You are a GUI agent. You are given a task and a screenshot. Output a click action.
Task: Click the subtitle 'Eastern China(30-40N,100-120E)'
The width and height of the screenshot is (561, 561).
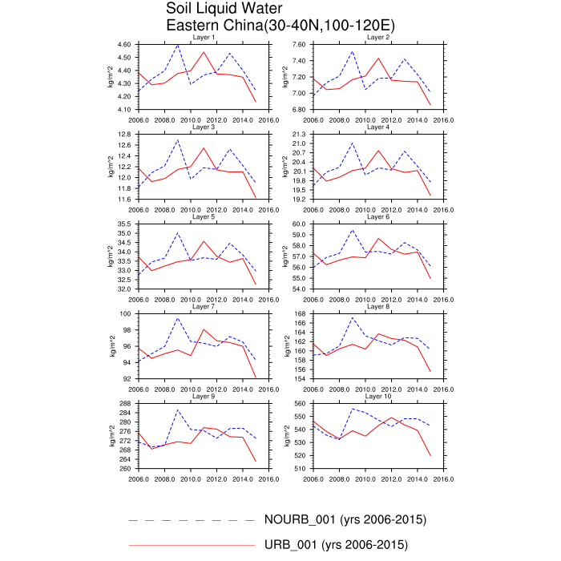click(280, 26)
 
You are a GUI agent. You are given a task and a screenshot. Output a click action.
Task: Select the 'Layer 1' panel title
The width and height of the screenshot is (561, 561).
click(203, 38)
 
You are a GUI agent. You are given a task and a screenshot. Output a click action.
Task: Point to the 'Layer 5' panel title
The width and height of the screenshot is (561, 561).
click(203, 216)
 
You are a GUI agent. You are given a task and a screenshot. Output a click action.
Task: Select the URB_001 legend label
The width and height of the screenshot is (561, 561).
click(336, 546)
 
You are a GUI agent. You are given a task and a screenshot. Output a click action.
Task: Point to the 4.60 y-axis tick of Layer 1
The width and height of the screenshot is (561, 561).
click(124, 45)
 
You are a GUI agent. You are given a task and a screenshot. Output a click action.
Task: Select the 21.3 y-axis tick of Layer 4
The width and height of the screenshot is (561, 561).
click(301, 135)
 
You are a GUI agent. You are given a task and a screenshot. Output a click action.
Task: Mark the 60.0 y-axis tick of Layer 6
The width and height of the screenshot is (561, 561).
click(301, 224)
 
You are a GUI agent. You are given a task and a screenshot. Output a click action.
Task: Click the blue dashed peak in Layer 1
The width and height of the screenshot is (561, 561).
click(177, 46)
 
